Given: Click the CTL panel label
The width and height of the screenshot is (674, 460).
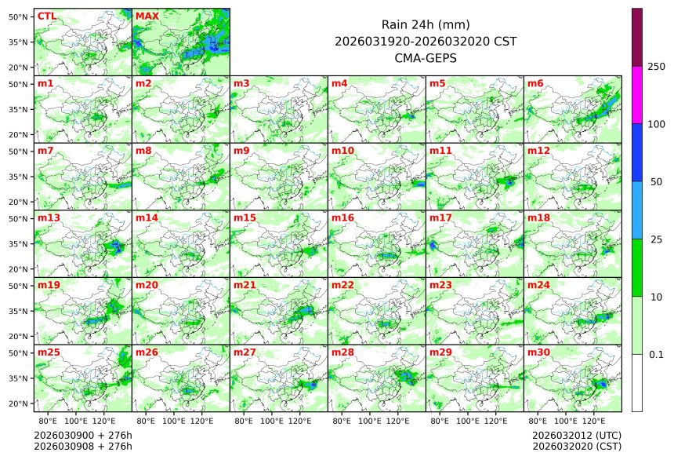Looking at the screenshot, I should (x=47, y=16).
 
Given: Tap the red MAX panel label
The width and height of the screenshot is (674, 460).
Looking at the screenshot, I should (x=147, y=16).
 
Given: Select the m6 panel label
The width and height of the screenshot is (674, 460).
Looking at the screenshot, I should (x=536, y=83).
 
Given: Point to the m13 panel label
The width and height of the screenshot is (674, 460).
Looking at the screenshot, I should (x=49, y=217).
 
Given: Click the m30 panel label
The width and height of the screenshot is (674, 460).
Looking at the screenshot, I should (x=538, y=352).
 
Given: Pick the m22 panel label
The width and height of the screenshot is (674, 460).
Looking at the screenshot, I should (x=342, y=285).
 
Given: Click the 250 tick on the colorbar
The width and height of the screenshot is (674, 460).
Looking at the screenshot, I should (x=657, y=67).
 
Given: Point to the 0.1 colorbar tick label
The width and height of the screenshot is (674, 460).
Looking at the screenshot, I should (x=657, y=354).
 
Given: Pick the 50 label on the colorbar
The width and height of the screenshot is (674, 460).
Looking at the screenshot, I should (x=657, y=181).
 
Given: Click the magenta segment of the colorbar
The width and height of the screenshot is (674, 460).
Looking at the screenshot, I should (x=637, y=94).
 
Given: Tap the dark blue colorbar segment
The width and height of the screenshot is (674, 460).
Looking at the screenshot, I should (x=637, y=152).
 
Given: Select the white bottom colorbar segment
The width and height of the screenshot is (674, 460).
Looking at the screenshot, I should (x=637, y=382).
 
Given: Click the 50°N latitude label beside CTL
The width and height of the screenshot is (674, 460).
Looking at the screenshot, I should (x=19, y=16).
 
